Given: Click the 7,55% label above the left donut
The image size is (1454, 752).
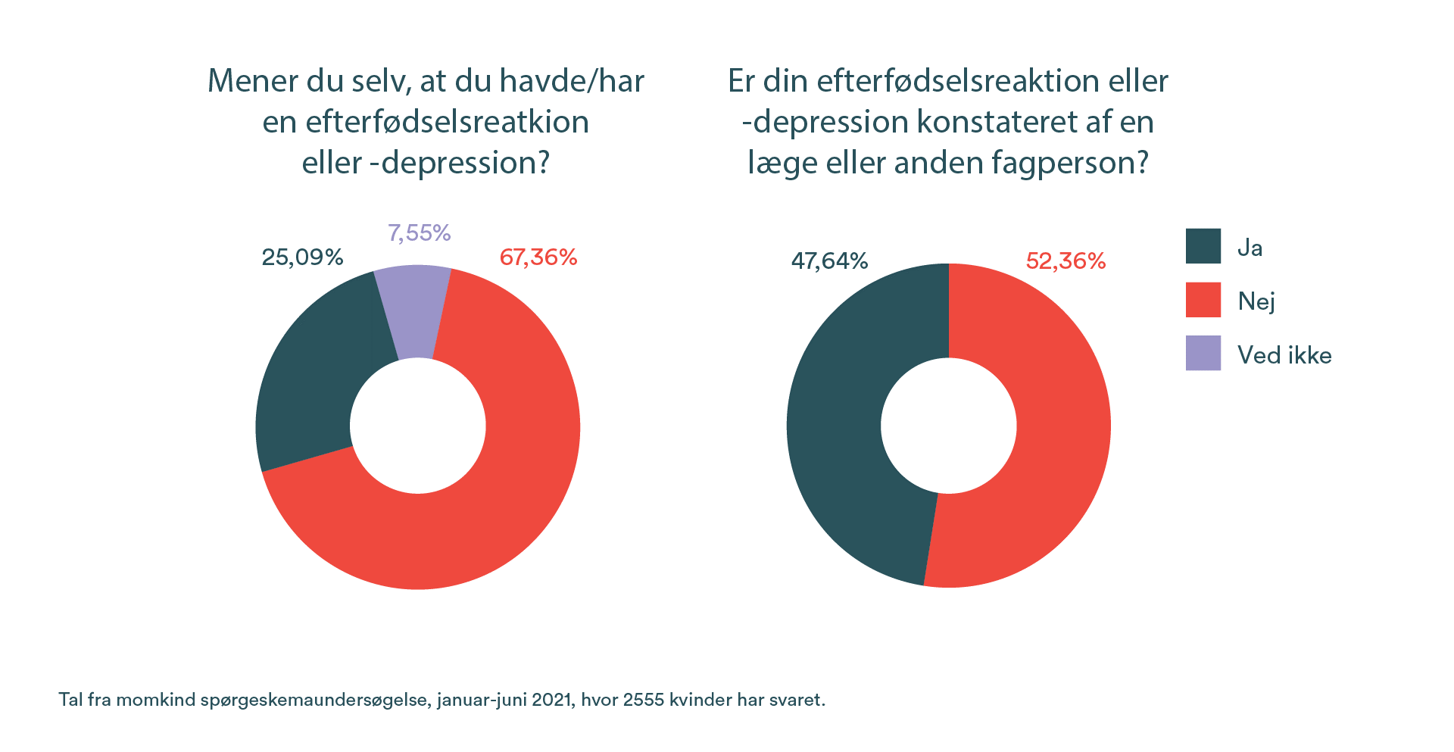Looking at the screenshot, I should click(x=419, y=232).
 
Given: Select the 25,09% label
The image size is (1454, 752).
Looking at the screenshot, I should click(x=302, y=257).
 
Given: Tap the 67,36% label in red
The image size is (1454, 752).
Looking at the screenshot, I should click(x=538, y=257).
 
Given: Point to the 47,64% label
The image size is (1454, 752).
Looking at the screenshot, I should click(x=829, y=261).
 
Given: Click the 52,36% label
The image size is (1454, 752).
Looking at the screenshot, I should click(x=1066, y=261).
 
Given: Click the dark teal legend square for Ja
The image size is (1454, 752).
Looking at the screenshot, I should click(x=1203, y=246).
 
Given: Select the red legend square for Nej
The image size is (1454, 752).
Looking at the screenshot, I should click(x=1203, y=300).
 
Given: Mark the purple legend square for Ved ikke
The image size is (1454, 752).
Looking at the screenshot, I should click(x=1203, y=353).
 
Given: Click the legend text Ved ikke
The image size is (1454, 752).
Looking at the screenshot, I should click(x=1284, y=355).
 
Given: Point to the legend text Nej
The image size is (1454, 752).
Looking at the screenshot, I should click(x=1256, y=301).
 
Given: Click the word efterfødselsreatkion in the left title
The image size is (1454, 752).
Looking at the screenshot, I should click(x=447, y=122).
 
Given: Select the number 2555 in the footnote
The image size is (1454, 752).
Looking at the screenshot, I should click(x=644, y=700).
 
